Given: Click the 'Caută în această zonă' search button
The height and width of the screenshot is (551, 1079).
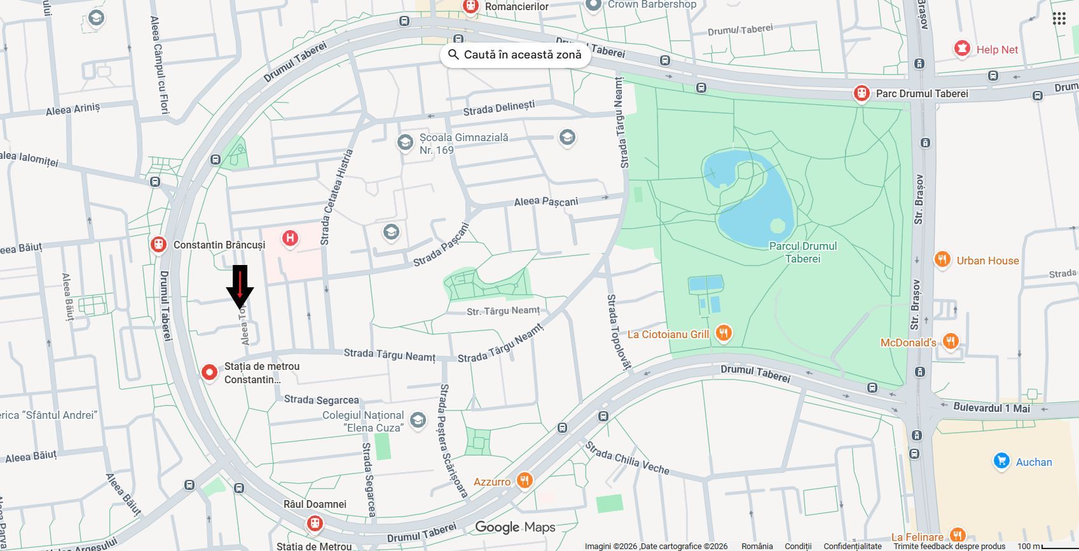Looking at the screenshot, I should [515, 55].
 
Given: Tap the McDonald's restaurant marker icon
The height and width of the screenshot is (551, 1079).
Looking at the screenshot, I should [950, 342].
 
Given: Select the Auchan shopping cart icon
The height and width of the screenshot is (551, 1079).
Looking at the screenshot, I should [1001, 461].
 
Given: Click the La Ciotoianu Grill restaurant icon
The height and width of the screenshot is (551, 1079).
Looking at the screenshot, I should [724, 333].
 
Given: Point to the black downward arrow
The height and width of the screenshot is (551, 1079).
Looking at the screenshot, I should [240, 287].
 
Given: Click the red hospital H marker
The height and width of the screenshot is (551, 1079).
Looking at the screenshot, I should [290, 239].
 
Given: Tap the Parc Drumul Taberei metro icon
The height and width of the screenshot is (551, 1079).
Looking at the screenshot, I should [862, 93].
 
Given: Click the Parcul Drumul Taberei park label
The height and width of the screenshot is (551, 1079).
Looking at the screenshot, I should [802, 252].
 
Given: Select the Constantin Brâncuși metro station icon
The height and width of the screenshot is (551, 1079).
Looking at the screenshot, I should [158, 245].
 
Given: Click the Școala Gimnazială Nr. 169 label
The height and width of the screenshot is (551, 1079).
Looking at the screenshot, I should [463, 144].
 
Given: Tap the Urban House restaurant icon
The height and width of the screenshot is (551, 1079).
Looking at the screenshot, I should [942, 259].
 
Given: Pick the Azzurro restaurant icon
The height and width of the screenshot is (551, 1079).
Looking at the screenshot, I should [525, 480].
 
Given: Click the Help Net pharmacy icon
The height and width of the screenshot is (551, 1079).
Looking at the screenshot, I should [962, 49].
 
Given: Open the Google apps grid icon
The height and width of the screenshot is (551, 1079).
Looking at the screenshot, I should [1059, 18].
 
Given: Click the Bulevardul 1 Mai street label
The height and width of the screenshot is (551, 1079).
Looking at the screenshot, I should [991, 408].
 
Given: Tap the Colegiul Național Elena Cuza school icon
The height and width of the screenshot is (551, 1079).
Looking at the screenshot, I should [418, 420].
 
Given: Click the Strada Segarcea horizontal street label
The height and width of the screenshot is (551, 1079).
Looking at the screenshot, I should [321, 400].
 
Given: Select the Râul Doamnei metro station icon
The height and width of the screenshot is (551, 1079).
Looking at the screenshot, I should [314, 524].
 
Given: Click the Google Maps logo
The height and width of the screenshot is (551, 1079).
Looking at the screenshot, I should [515, 527].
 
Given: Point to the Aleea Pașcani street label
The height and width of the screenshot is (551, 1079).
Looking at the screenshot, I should [546, 201].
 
